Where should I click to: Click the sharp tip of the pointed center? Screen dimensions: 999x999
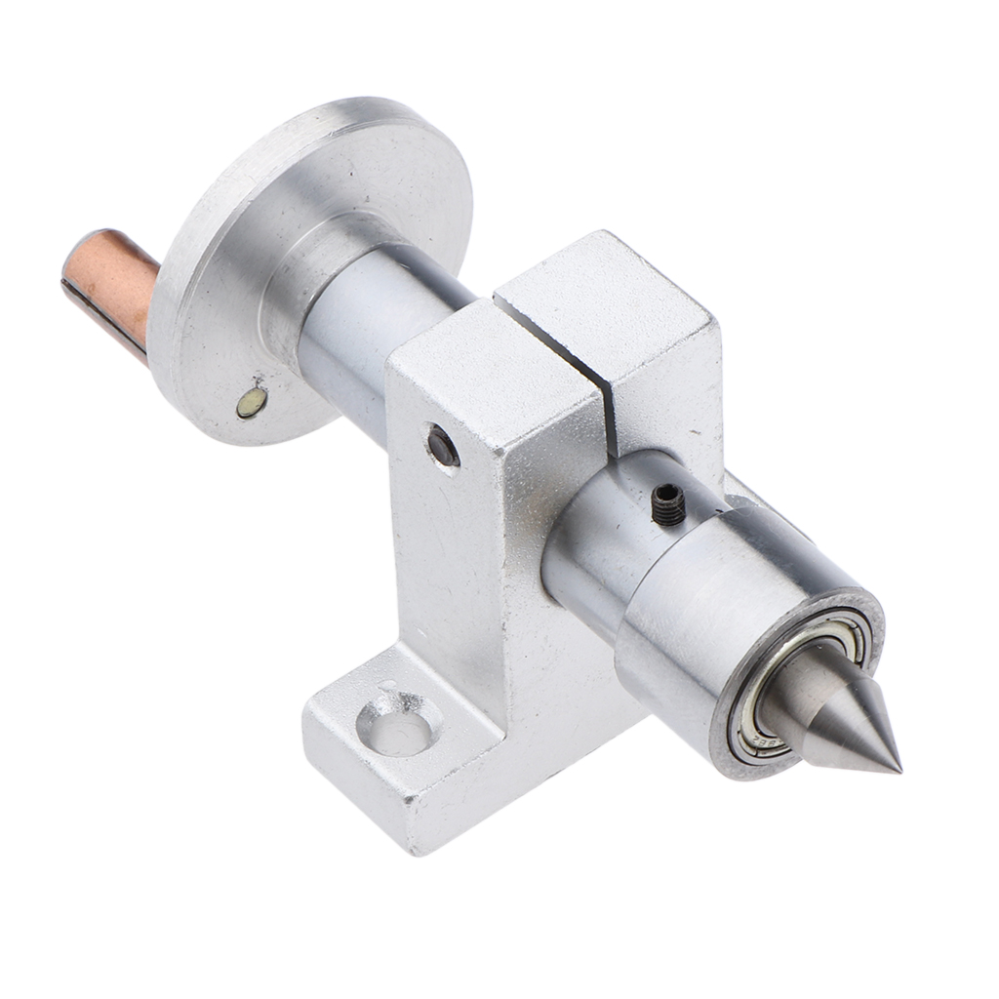[x=897, y=770]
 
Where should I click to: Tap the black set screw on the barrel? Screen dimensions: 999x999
[x=666, y=505]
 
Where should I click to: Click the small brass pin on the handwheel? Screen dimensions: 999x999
[x=251, y=400]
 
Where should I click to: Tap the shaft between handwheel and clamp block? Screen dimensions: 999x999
[x=361, y=341]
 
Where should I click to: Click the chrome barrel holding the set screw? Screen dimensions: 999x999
[x=605, y=527]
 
